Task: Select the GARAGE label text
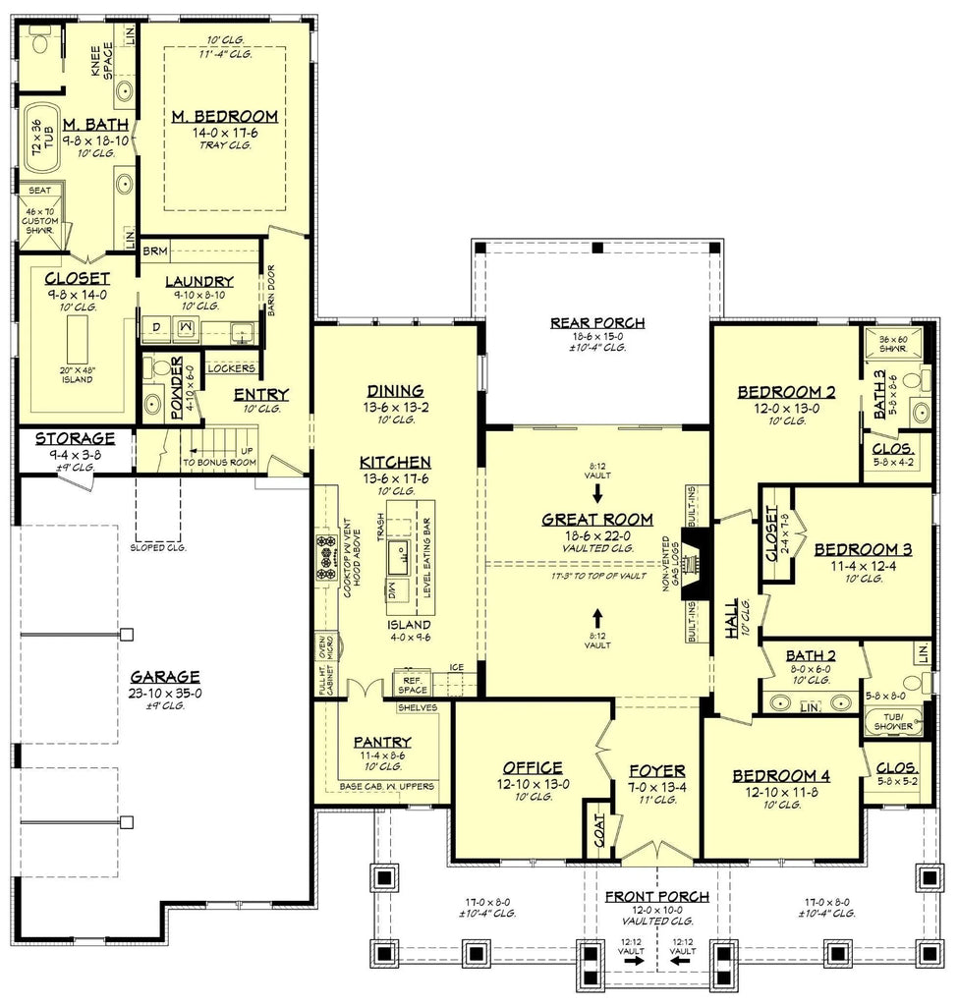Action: tap(166, 676)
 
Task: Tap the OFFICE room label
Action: tap(533, 767)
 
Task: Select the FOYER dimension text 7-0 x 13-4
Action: tap(658, 787)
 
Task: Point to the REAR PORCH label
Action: tap(597, 322)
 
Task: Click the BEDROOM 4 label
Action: tap(781, 776)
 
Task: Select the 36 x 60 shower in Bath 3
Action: tap(893, 345)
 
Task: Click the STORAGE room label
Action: tap(75, 438)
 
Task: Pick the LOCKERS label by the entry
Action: tap(232, 368)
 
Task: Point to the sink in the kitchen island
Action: tap(402, 555)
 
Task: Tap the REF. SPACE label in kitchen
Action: tap(412, 683)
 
